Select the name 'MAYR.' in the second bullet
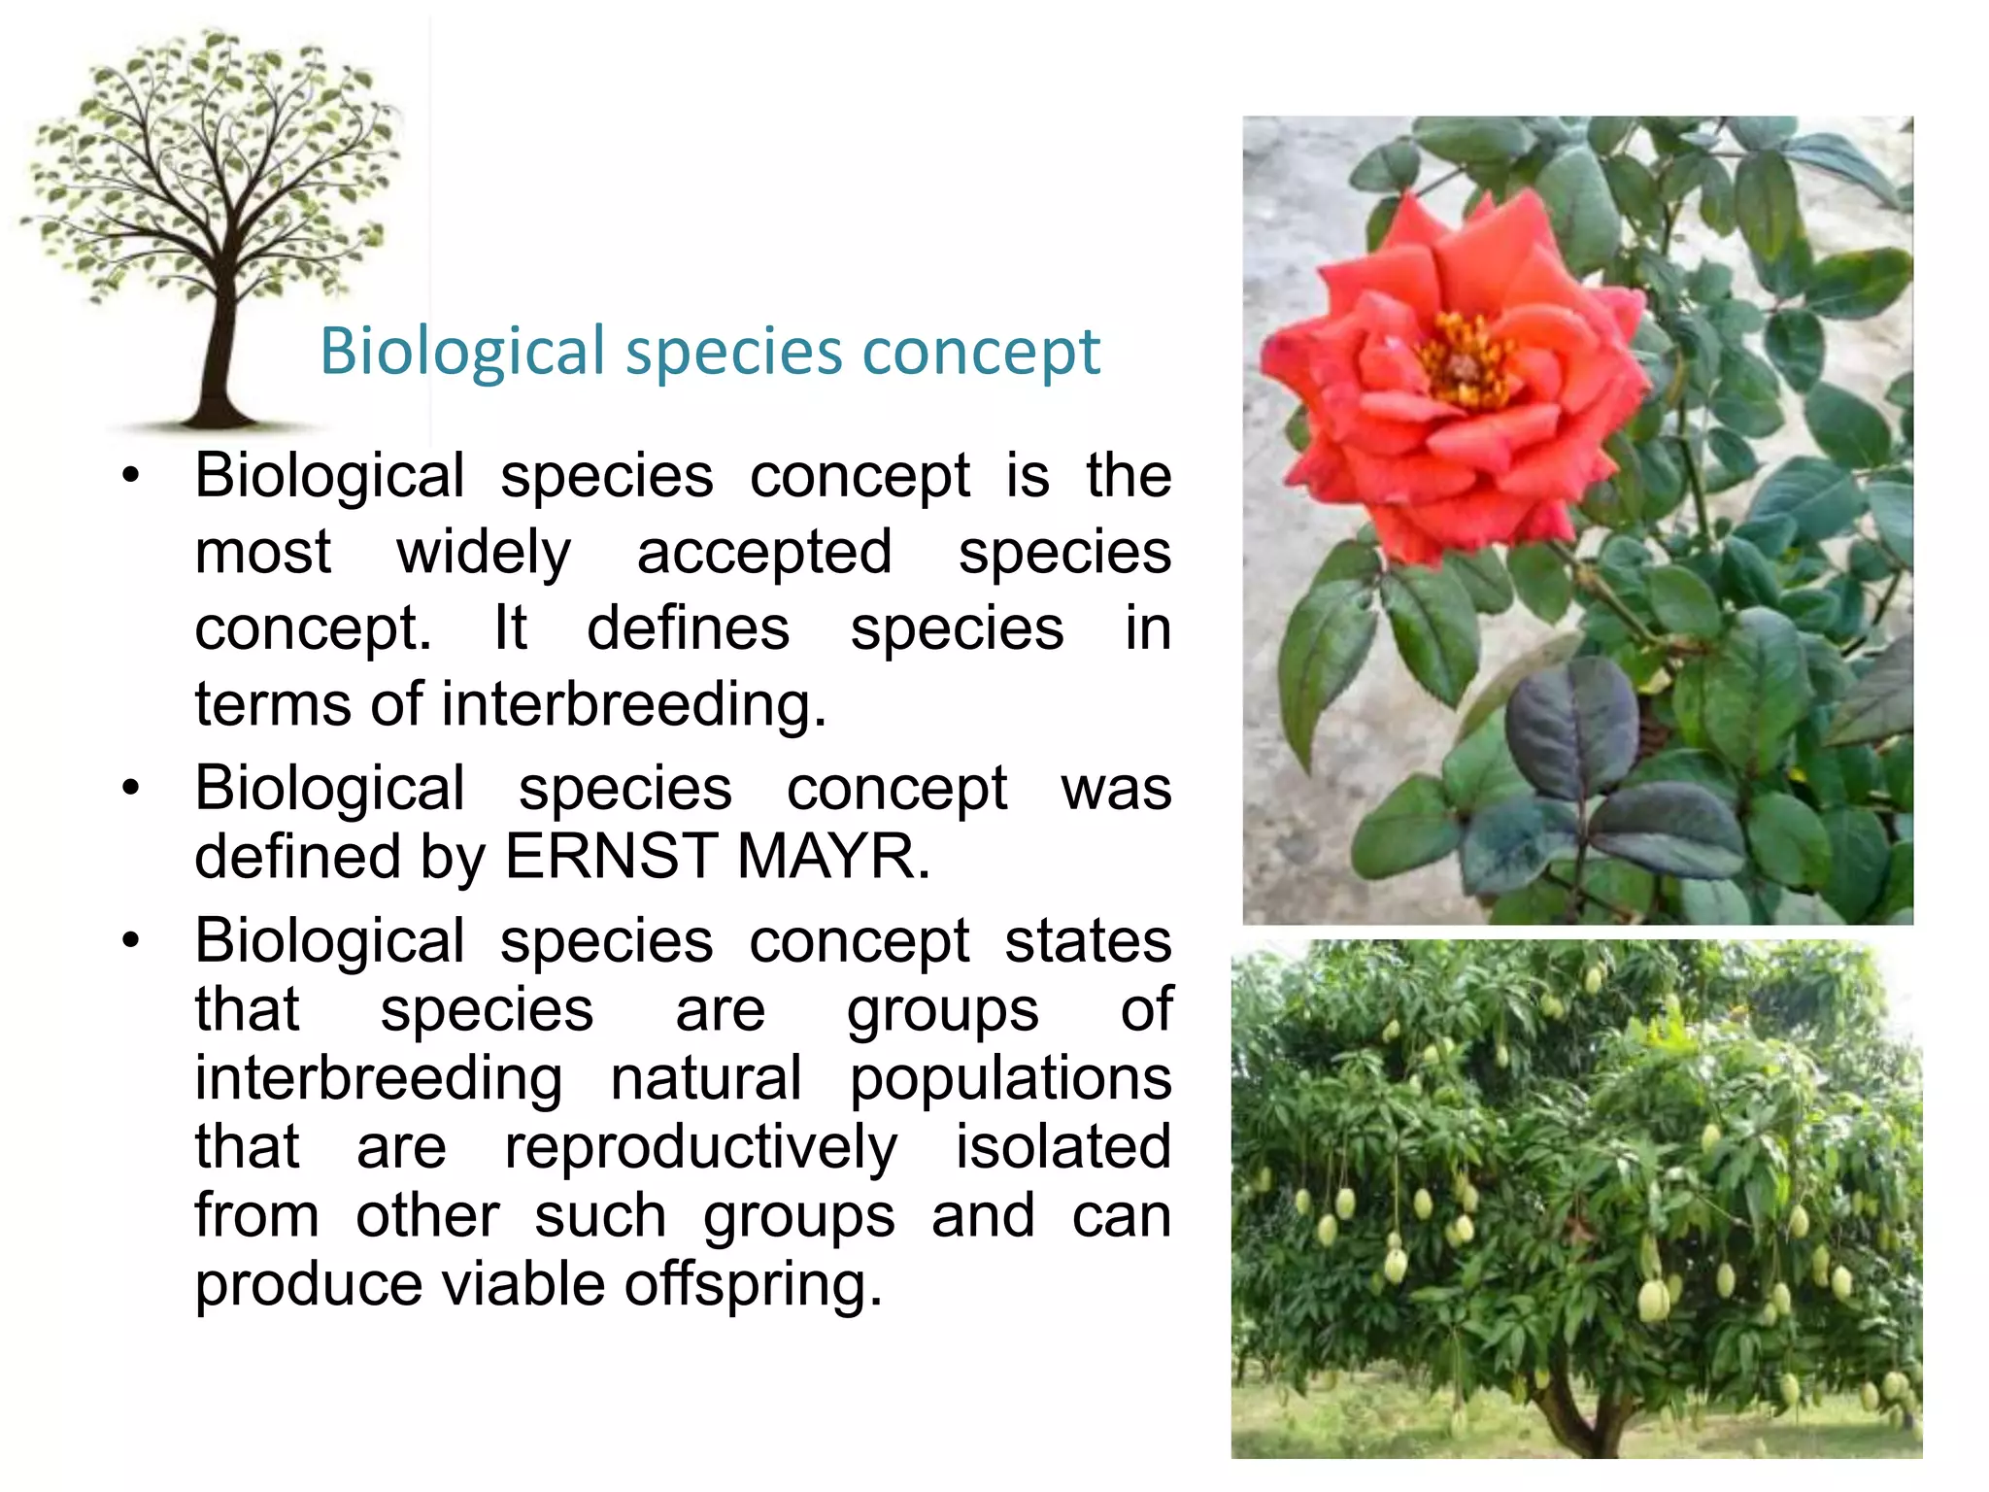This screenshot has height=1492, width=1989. pos(833,857)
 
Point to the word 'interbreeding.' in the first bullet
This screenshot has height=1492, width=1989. pos(633,704)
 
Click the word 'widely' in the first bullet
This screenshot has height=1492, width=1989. pos(484,554)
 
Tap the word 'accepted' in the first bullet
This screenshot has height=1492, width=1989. pos(763,554)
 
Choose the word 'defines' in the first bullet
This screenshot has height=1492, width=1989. pos(688,628)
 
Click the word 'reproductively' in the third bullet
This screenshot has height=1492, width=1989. pos(700,1148)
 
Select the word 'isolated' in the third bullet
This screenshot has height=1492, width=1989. pos(1062,1146)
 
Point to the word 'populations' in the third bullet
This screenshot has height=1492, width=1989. pos(1010,1078)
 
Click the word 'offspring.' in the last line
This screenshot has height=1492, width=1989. pos(753,1284)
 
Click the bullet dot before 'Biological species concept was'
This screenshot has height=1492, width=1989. pos(131,788)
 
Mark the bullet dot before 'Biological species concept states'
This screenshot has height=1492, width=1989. pos(131,941)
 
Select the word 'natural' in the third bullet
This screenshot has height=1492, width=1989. pos(706,1078)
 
